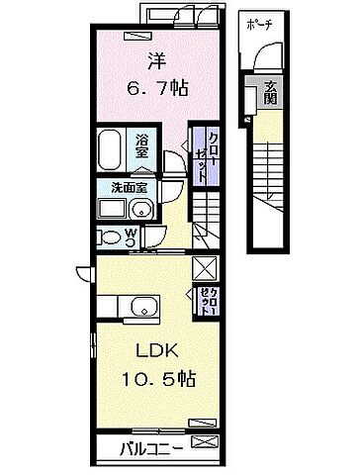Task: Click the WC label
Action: [131, 237]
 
